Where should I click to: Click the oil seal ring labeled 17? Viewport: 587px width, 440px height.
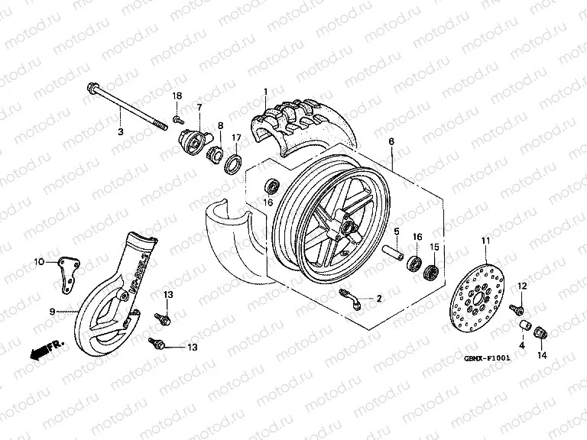(234, 163)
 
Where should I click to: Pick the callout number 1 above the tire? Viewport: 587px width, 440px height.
(266, 93)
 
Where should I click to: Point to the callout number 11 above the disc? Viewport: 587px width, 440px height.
(484, 241)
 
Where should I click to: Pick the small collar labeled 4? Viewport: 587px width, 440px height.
(524, 328)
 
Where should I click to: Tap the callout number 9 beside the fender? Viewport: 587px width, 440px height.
(53, 311)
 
